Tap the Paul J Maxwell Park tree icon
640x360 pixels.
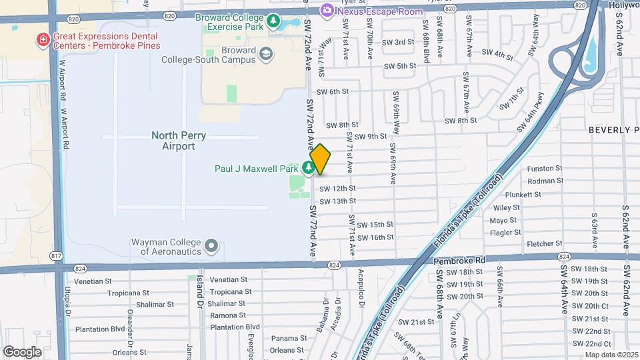coord(309,167)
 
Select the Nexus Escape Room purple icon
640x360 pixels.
coord(327,10)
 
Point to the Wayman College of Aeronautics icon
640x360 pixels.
coord(211,246)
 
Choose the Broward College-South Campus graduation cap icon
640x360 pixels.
coord(267,53)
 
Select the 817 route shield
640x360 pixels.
coord(57,257)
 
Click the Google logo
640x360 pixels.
coord(22,351)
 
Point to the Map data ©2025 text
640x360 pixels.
coord(611,355)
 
